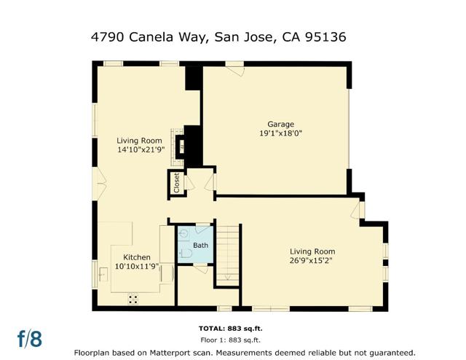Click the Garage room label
pyautogui.click(x=280, y=124)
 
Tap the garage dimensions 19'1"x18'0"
pyautogui.click(x=280, y=133)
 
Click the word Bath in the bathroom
pyautogui.click(x=200, y=246)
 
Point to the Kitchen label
pyautogui.click(x=137, y=257)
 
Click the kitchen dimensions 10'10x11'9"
pyautogui.click(x=137, y=267)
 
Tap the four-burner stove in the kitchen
pyautogui.click(x=133, y=297)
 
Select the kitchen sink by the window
pyautogui.click(x=103, y=273)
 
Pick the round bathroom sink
pyautogui.click(x=183, y=235)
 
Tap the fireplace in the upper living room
pyautogui.click(x=181, y=146)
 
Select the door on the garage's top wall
pyautogui.click(x=234, y=69)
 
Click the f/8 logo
pyautogui.click(x=30, y=339)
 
